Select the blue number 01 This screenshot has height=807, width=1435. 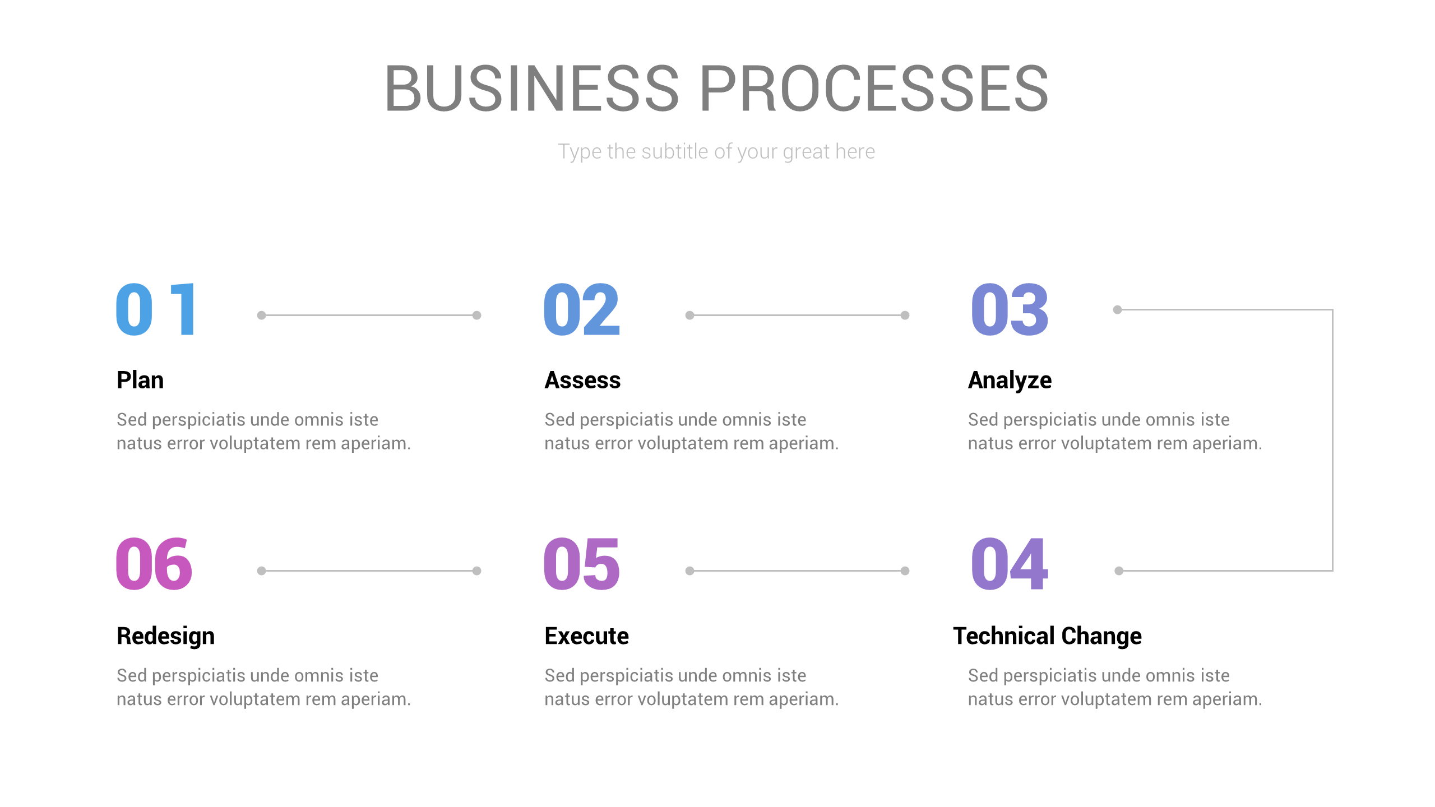[156, 309]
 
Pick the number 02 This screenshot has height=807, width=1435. [582, 309]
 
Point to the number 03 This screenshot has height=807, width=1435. [1009, 309]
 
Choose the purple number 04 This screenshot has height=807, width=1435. [1009, 564]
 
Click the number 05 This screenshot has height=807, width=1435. [582, 564]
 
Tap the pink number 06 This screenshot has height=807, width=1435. [154, 564]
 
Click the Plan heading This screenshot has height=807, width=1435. [140, 380]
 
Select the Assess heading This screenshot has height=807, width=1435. [582, 380]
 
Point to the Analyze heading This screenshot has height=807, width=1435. [1010, 380]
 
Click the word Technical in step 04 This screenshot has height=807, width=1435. [1003, 636]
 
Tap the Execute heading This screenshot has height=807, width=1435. [586, 636]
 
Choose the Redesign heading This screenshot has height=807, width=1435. [165, 636]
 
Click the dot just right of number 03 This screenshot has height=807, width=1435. [1117, 309]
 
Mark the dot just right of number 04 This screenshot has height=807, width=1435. [1119, 571]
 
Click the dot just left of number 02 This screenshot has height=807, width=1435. [476, 315]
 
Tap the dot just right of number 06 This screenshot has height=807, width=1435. [261, 571]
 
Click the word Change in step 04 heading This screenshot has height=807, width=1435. [1101, 636]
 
